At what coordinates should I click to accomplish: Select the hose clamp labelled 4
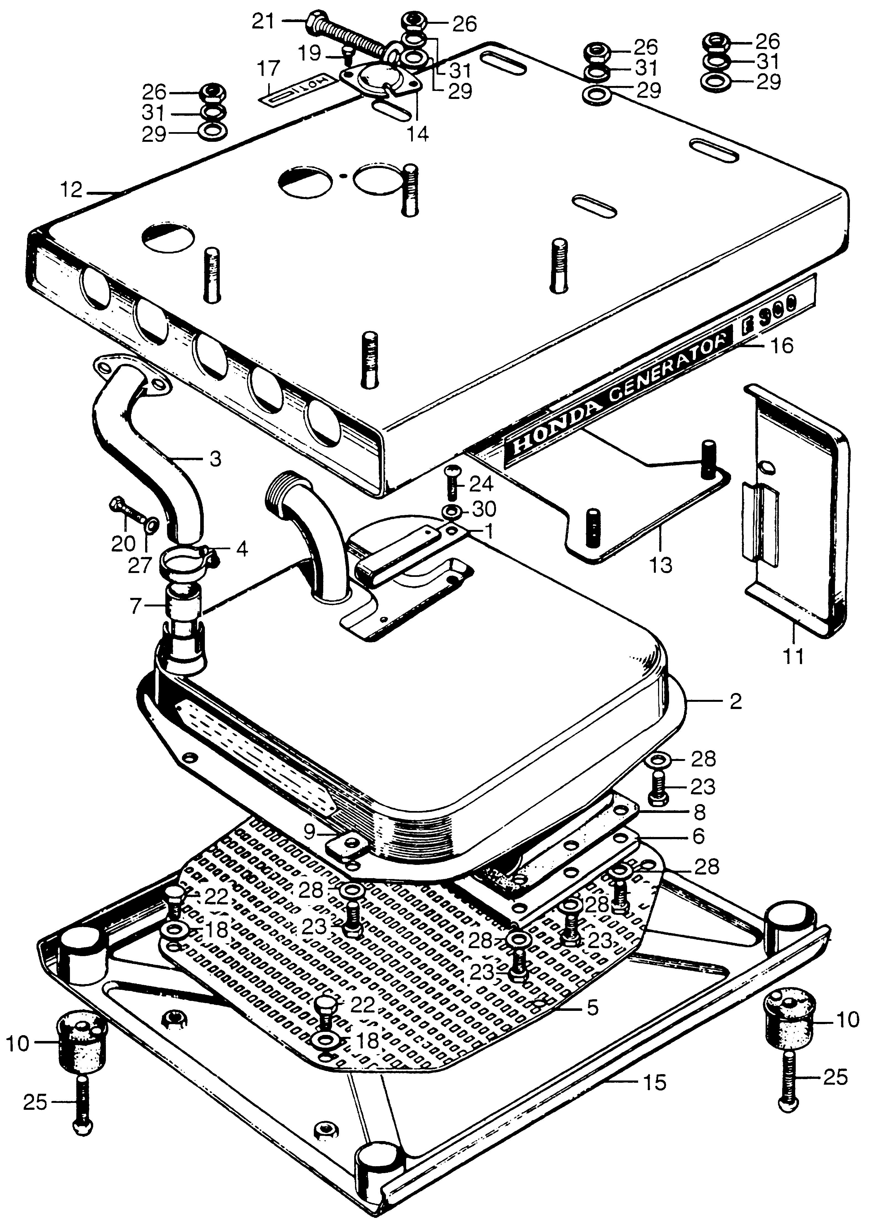pos(187,559)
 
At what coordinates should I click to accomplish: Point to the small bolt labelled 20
pos(128,514)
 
